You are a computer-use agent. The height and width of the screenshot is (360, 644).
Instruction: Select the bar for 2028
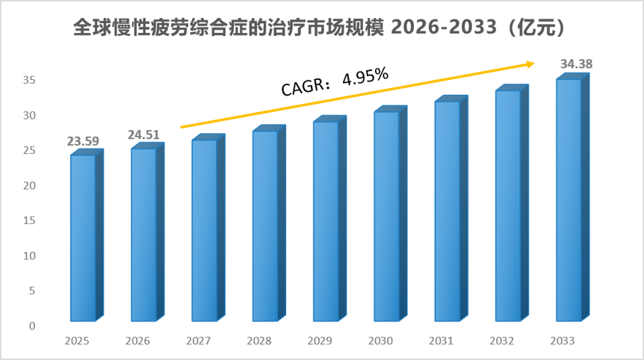pos(269,223)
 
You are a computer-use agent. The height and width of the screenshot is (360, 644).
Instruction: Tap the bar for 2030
pos(390,214)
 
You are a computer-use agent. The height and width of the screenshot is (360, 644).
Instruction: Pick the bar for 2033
pos(572,197)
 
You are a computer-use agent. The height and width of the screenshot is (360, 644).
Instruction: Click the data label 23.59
pos(83,141)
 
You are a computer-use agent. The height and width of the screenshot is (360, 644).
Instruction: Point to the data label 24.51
pos(143,134)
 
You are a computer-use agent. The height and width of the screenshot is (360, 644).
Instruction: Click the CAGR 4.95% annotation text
pos(335,81)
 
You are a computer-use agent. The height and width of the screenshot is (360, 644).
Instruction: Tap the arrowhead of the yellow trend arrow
pos(530,63)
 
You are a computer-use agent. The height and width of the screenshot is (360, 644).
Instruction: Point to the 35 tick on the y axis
pos(29,80)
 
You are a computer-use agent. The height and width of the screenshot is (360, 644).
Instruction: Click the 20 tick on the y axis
pos(29,185)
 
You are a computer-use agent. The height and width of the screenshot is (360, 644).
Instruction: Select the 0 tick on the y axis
pos(32,326)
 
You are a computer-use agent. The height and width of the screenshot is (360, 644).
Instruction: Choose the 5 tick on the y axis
pos(32,291)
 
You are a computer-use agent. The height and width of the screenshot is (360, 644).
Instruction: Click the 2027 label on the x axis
pos(199,341)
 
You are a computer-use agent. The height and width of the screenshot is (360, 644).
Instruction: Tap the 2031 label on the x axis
pos(441,341)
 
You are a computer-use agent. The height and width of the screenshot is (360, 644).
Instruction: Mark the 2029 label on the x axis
pos(320,341)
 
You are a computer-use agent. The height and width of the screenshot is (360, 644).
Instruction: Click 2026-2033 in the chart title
pos(444,28)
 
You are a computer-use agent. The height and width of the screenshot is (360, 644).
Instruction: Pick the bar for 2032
pos(512,203)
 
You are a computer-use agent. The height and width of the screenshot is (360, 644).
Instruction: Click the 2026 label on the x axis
pos(137,341)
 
